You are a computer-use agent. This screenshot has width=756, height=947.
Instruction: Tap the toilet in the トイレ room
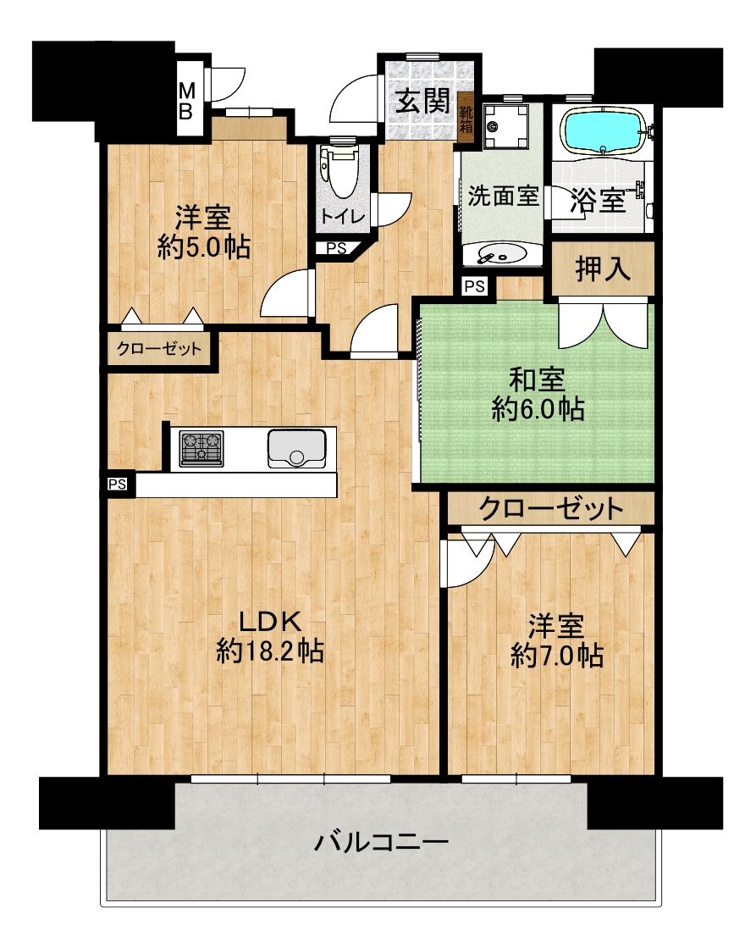pos(342,171)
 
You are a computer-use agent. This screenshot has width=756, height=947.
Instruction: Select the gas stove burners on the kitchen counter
pos(201,449)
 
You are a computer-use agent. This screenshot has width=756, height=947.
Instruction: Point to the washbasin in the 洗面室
pos(502,254)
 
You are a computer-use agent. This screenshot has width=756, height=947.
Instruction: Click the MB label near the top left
pos(186,101)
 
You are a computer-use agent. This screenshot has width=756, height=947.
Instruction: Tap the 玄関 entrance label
pos(423,101)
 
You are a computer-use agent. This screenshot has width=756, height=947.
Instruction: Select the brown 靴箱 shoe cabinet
pos(466,119)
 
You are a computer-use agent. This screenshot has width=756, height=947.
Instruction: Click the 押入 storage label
pos(603,269)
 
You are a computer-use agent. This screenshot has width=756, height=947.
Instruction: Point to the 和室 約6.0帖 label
pos(538,395)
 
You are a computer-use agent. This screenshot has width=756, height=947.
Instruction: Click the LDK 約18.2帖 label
pos(270,636)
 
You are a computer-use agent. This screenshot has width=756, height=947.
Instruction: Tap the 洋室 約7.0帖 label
pos(557,641)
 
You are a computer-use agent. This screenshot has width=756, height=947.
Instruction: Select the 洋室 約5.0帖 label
pos(203,233)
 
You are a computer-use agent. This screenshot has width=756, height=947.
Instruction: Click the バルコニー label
pos(382,841)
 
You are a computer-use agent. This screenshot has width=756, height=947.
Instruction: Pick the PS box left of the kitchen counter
pos(118,484)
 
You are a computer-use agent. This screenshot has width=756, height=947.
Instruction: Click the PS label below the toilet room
pos(336,248)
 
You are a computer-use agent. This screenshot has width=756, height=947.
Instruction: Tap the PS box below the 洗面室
pos(475,285)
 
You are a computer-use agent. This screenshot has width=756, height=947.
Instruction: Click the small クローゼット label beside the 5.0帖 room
pos(159,348)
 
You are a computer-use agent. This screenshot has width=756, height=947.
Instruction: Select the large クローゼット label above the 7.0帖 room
pos(550,508)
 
